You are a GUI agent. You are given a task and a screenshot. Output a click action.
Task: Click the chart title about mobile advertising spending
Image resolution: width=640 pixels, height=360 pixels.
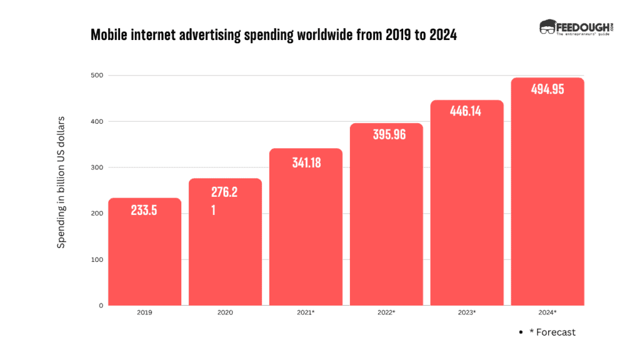click(274, 35)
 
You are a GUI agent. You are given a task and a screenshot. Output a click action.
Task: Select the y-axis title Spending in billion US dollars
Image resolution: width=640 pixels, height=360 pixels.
click(61, 182)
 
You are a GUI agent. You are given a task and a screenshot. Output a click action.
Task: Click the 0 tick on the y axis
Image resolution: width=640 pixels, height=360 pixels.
click(100, 306)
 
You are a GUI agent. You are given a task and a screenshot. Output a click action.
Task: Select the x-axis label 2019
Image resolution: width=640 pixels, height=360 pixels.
click(144, 312)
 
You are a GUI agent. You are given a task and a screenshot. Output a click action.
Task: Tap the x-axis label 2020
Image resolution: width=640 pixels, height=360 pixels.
click(225, 312)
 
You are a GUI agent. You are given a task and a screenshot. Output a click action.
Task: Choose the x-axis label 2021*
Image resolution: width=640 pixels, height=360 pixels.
click(306, 312)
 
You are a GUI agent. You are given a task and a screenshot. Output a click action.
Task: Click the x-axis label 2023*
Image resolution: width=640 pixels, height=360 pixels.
click(467, 312)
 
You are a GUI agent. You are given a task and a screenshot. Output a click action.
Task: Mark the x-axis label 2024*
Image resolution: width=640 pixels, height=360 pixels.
click(547, 312)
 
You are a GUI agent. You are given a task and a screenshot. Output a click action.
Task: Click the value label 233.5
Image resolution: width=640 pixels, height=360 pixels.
click(144, 211)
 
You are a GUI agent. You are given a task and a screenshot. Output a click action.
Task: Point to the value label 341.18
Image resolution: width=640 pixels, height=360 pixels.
click(306, 163)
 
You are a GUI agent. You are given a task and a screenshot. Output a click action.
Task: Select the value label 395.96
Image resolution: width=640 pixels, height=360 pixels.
click(386, 134)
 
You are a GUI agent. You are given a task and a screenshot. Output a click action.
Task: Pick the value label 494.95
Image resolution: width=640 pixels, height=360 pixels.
click(547, 89)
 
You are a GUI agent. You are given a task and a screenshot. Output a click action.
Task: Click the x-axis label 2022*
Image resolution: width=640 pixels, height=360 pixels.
click(386, 312)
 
